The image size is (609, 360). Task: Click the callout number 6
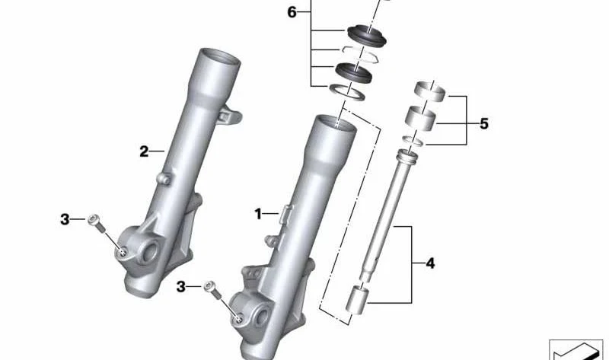[x=292, y=12]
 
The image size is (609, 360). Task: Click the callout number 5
[x=483, y=124]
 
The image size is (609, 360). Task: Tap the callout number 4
[x=430, y=263]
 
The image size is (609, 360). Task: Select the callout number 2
[x=144, y=151]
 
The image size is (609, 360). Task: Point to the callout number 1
[x=258, y=214]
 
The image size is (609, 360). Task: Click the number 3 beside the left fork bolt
[x=65, y=219]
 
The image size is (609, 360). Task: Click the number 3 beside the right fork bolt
[x=181, y=287]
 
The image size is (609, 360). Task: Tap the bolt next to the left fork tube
[x=97, y=223]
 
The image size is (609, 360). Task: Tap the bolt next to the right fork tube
[x=213, y=290]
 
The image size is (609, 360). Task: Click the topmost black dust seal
[x=367, y=35]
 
